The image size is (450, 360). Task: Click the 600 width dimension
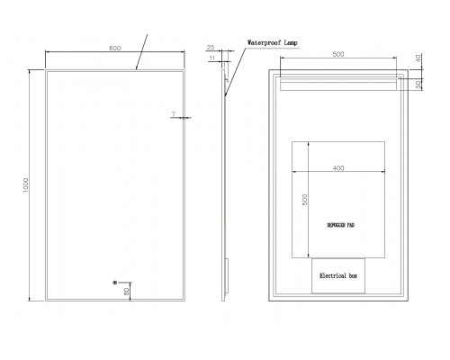point(115,48)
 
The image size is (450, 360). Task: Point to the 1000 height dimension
point(26,185)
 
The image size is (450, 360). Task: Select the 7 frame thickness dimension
point(173,114)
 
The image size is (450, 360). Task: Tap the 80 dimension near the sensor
point(127,291)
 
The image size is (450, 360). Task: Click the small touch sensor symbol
point(114,283)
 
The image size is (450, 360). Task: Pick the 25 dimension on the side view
point(211,48)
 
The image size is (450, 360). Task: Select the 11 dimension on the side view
point(212,58)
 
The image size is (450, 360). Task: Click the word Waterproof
point(264,42)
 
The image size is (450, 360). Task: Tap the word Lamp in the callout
point(291,42)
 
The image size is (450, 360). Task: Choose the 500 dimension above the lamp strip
point(338,54)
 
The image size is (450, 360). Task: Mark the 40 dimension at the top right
point(418,58)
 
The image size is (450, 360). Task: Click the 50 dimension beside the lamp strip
point(418,85)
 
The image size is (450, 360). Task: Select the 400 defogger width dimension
point(338,168)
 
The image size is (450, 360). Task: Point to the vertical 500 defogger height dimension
point(304,200)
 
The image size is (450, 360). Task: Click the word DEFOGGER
point(336,225)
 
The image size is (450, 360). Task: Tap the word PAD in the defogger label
point(351,225)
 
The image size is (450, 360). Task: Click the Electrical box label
point(338,275)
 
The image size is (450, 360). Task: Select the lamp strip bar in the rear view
point(338,85)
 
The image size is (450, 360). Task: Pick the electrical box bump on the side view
point(227,276)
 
